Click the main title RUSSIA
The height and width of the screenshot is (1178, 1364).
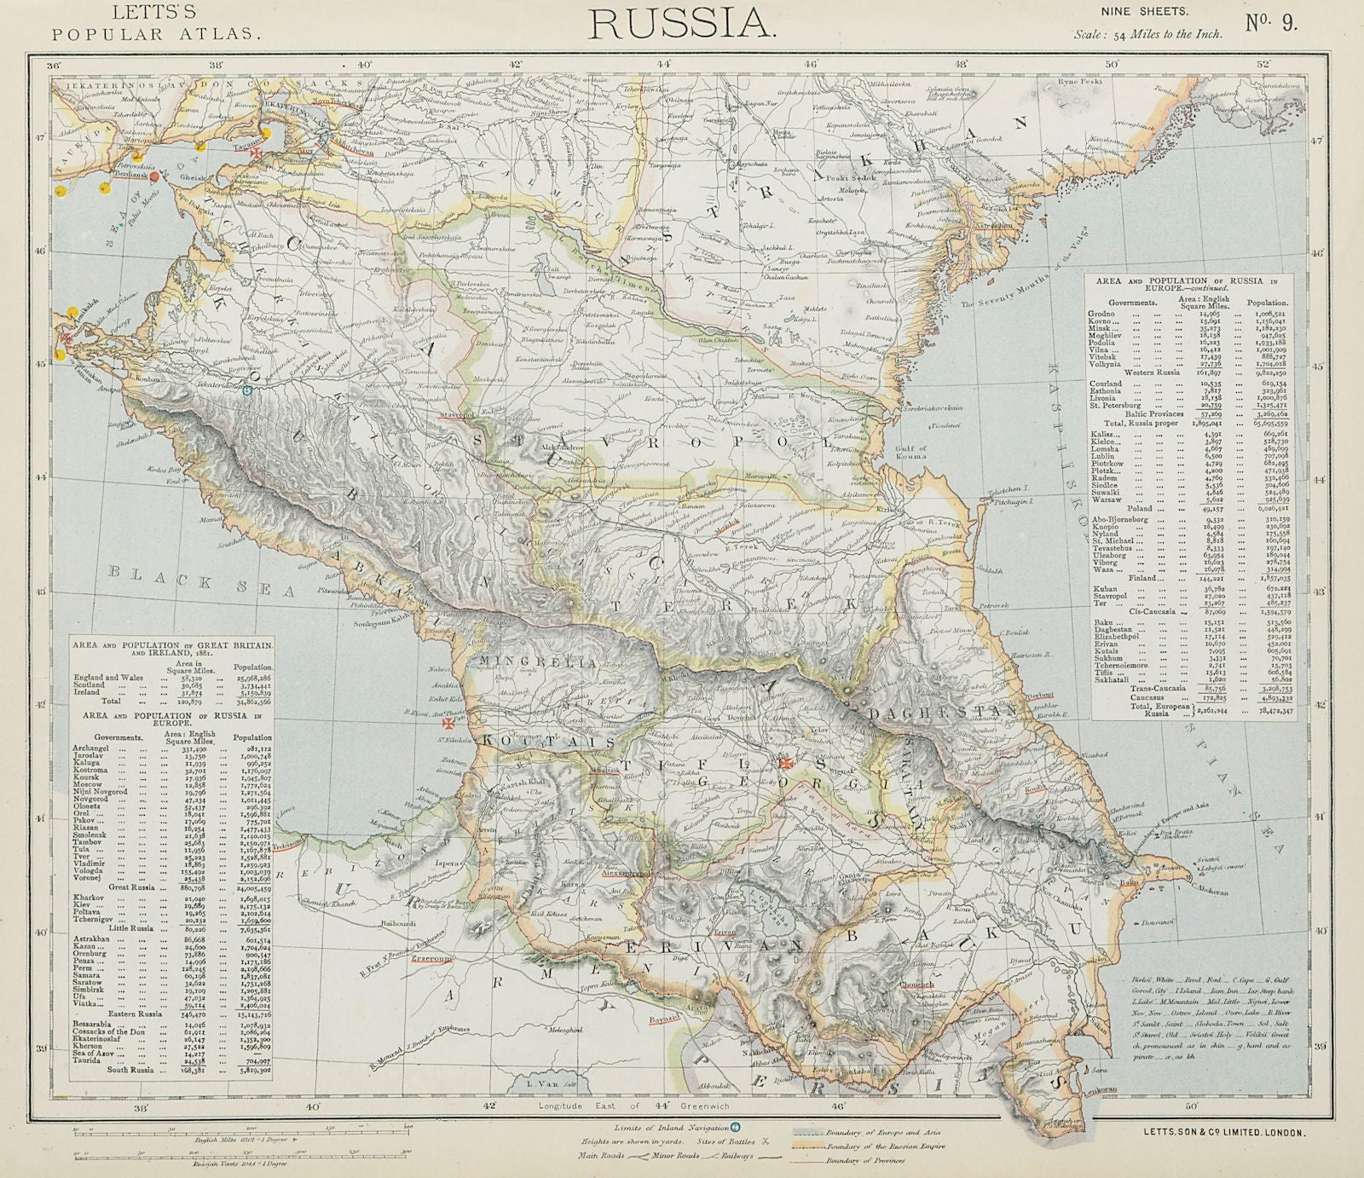coord(682,23)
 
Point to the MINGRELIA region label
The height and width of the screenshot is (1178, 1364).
coord(529,661)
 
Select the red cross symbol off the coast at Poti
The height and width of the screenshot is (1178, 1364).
coord(445,724)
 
